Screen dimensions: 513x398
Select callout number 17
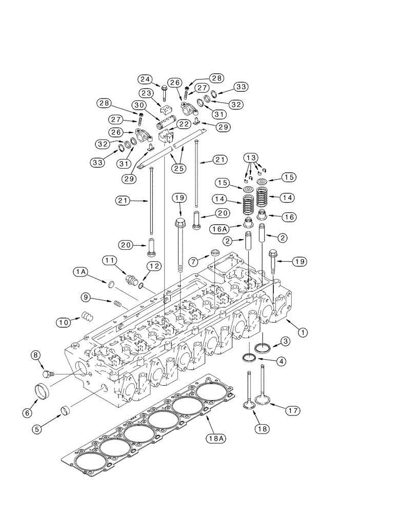[294, 410]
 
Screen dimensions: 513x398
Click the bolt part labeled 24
[163, 93]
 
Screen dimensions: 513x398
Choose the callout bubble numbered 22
[184, 124]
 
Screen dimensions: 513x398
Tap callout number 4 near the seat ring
[282, 361]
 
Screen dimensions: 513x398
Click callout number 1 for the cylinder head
[303, 332]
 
